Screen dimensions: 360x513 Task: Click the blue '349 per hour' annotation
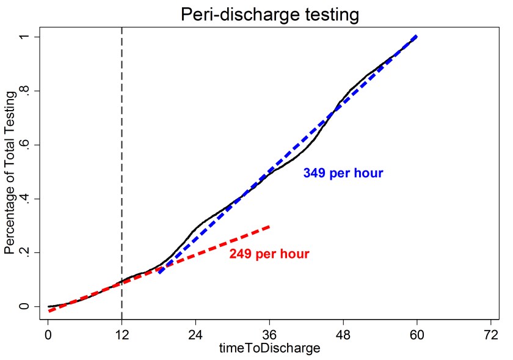(x=343, y=173)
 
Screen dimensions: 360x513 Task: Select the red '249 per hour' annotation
(x=269, y=254)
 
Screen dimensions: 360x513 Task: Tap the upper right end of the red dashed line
(x=269, y=226)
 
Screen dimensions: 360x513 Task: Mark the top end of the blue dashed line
(x=417, y=37)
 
